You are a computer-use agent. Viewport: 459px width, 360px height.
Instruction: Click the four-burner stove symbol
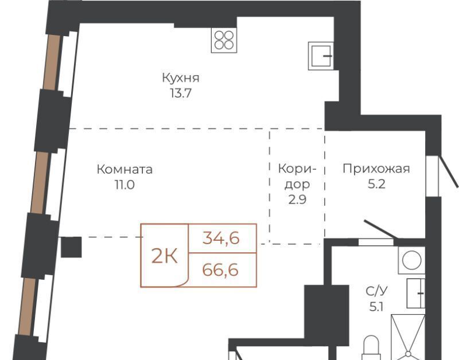tap(224, 40)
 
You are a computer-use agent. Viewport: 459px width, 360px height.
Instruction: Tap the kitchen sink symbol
tap(321, 56)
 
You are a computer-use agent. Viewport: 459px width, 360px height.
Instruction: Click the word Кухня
tap(181, 78)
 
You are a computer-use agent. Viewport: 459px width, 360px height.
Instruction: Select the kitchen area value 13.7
tap(181, 93)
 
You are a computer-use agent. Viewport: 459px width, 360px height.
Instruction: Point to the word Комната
tap(125, 170)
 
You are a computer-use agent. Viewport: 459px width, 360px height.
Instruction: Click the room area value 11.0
tap(125, 185)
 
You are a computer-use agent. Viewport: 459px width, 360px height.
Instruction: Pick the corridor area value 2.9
tap(297, 199)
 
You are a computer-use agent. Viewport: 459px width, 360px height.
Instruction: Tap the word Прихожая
tap(376, 169)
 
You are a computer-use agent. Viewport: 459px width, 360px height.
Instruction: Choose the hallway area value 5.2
tap(376, 184)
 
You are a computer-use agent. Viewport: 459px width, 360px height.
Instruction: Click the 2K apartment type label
tap(165, 257)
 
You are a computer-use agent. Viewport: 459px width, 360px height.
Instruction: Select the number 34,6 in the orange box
tap(221, 238)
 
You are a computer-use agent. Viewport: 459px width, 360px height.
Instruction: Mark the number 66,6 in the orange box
tap(220, 269)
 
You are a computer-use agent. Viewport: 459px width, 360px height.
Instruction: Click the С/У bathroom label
tap(376, 291)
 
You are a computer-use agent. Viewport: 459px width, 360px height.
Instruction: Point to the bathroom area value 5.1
tap(376, 307)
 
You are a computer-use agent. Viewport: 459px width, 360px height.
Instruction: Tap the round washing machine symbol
tap(411, 260)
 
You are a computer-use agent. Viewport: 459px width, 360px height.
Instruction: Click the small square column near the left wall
tap(71, 247)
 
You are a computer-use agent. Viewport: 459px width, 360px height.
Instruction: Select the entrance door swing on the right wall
tap(448, 171)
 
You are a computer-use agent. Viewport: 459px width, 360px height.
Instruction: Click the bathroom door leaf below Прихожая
tap(380, 229)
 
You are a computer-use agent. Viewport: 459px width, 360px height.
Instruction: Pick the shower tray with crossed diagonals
tap(408, 337)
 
